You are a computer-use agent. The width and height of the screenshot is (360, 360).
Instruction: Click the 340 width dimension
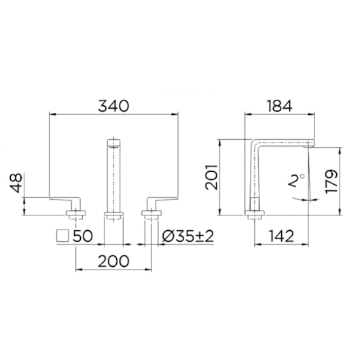(113, 106)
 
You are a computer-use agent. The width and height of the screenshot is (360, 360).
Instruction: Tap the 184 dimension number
(279, 106)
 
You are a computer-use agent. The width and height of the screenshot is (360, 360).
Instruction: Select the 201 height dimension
(211, 177)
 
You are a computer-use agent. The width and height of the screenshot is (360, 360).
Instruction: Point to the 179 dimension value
(331, 181)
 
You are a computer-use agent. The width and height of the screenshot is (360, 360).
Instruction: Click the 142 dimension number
(281, 236)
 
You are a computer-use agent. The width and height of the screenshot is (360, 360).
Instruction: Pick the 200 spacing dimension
(113, 262)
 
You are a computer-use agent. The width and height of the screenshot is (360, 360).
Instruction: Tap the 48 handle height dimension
(16, 183)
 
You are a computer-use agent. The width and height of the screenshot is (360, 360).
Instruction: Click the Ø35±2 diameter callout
(188, 236)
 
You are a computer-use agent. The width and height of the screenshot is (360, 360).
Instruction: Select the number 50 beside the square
(83, 236)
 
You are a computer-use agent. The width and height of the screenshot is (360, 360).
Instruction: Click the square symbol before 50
(62, 236)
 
